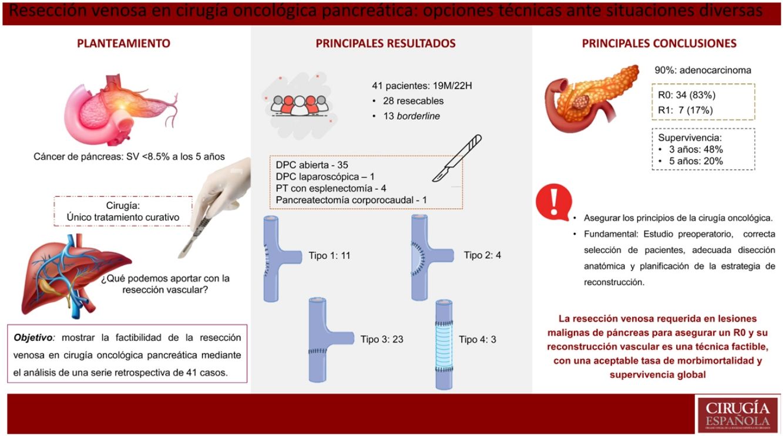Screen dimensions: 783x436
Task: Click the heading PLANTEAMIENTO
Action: [124, 43]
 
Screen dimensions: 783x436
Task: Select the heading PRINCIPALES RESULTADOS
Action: [385, 43]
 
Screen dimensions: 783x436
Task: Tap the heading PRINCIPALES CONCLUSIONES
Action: [659, 43]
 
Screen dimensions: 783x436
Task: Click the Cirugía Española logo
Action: [738, 414]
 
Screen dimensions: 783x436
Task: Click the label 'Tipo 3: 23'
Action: [382, 339]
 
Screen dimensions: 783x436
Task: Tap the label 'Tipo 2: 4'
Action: [482, 255]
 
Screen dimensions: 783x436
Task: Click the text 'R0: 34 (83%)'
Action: [687, 95]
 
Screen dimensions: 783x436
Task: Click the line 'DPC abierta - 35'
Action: [312, 165]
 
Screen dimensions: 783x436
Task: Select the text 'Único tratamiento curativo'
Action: [123, 217]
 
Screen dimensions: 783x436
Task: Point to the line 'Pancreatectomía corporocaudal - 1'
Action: [351, 200]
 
